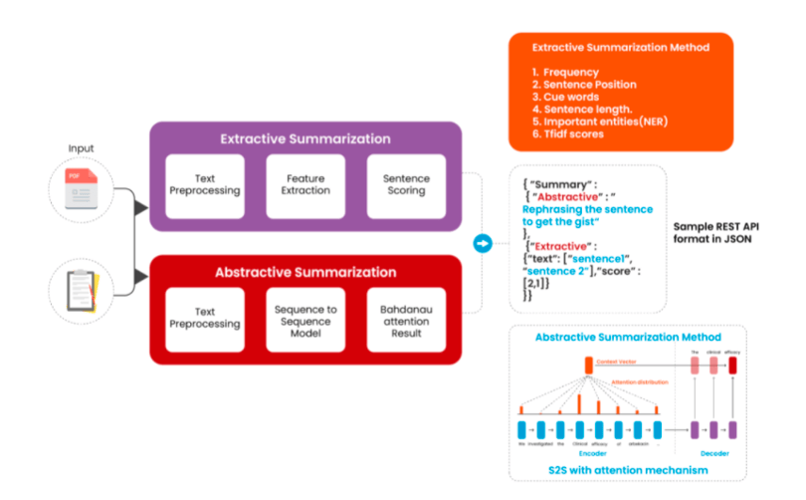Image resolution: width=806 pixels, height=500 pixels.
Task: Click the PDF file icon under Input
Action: point(81,188)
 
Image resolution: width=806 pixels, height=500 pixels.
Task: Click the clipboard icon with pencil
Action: point(81,288)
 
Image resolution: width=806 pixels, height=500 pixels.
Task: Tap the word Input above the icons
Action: point(81,148)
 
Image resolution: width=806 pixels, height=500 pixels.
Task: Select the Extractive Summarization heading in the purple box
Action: point(304,138)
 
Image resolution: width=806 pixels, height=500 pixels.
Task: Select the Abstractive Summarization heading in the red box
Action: point(304,272)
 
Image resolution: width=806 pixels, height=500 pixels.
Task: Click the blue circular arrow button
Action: point(483,243)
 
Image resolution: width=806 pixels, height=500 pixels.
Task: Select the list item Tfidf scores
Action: point(573,133)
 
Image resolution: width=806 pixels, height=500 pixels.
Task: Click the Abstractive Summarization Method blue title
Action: point(627,337)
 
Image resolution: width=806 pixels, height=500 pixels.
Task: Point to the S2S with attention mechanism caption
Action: point(627,469)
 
